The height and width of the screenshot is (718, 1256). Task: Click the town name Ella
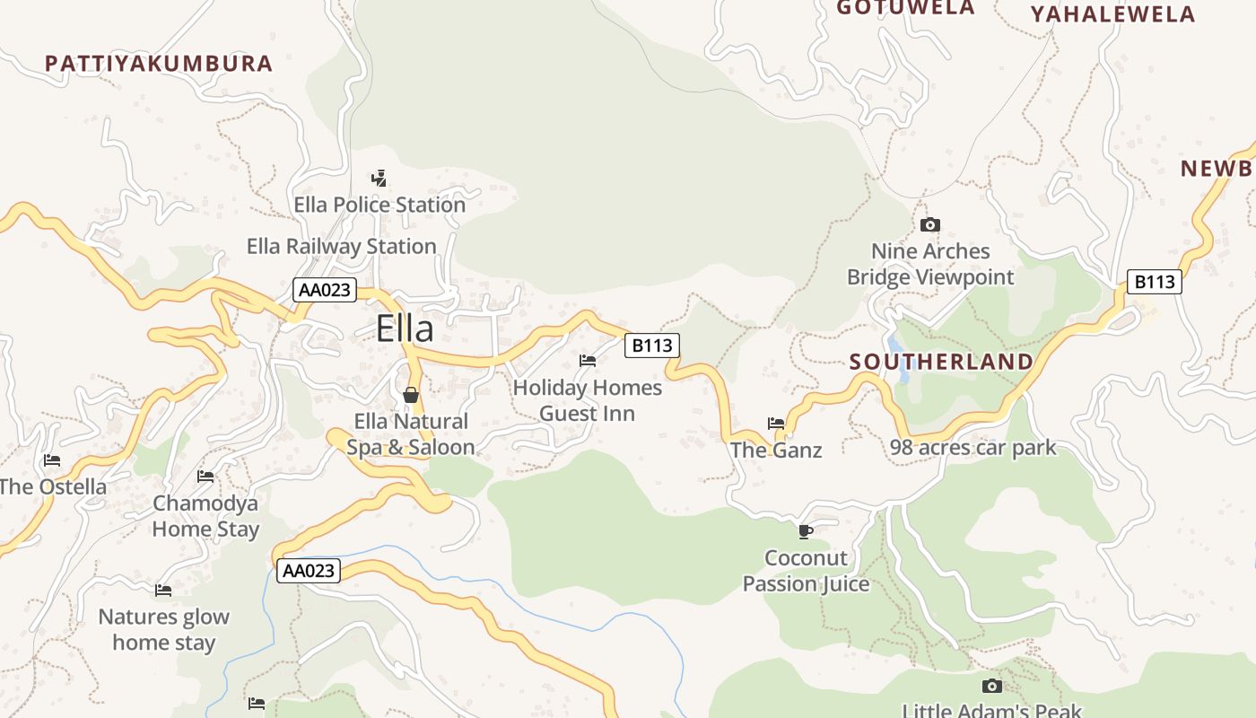click(x=405, y=328)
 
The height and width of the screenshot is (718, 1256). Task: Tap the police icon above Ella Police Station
click(x=379, y=178)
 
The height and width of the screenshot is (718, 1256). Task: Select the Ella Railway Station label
click(x=341, y=246)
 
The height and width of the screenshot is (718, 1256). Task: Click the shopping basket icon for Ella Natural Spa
click(x=411, y=394)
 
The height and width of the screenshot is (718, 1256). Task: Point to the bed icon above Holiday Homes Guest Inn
click(x=588, y=361)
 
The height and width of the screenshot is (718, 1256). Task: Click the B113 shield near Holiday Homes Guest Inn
click(x=651, y=345)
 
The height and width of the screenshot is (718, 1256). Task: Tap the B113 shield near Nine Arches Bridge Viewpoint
click(x=1154, y=282)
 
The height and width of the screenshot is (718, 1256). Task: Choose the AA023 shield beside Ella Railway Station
click(x=325, y=290)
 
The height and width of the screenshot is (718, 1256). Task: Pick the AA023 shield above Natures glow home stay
click(x=308, y=571)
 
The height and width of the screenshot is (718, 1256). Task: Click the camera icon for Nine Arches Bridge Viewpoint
click(x=930, y=224)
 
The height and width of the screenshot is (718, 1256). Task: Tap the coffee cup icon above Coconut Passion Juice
click(x=806, y=531)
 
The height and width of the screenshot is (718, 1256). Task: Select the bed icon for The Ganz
click(x=776, y=423)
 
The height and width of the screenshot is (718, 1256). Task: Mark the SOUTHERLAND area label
click(x=941, y=362)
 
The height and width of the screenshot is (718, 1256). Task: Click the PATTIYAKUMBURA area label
click(x=159, y=64)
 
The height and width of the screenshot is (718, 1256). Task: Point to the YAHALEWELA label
click(x=1112, y=14)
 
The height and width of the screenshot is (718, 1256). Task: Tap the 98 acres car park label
click(x=973, y=447)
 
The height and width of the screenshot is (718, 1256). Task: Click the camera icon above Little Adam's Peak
click(x=991, y=686)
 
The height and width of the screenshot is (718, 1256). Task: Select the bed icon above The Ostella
click(x=52, y=460)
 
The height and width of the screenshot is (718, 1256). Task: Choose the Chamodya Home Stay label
click(x=205, y=516)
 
